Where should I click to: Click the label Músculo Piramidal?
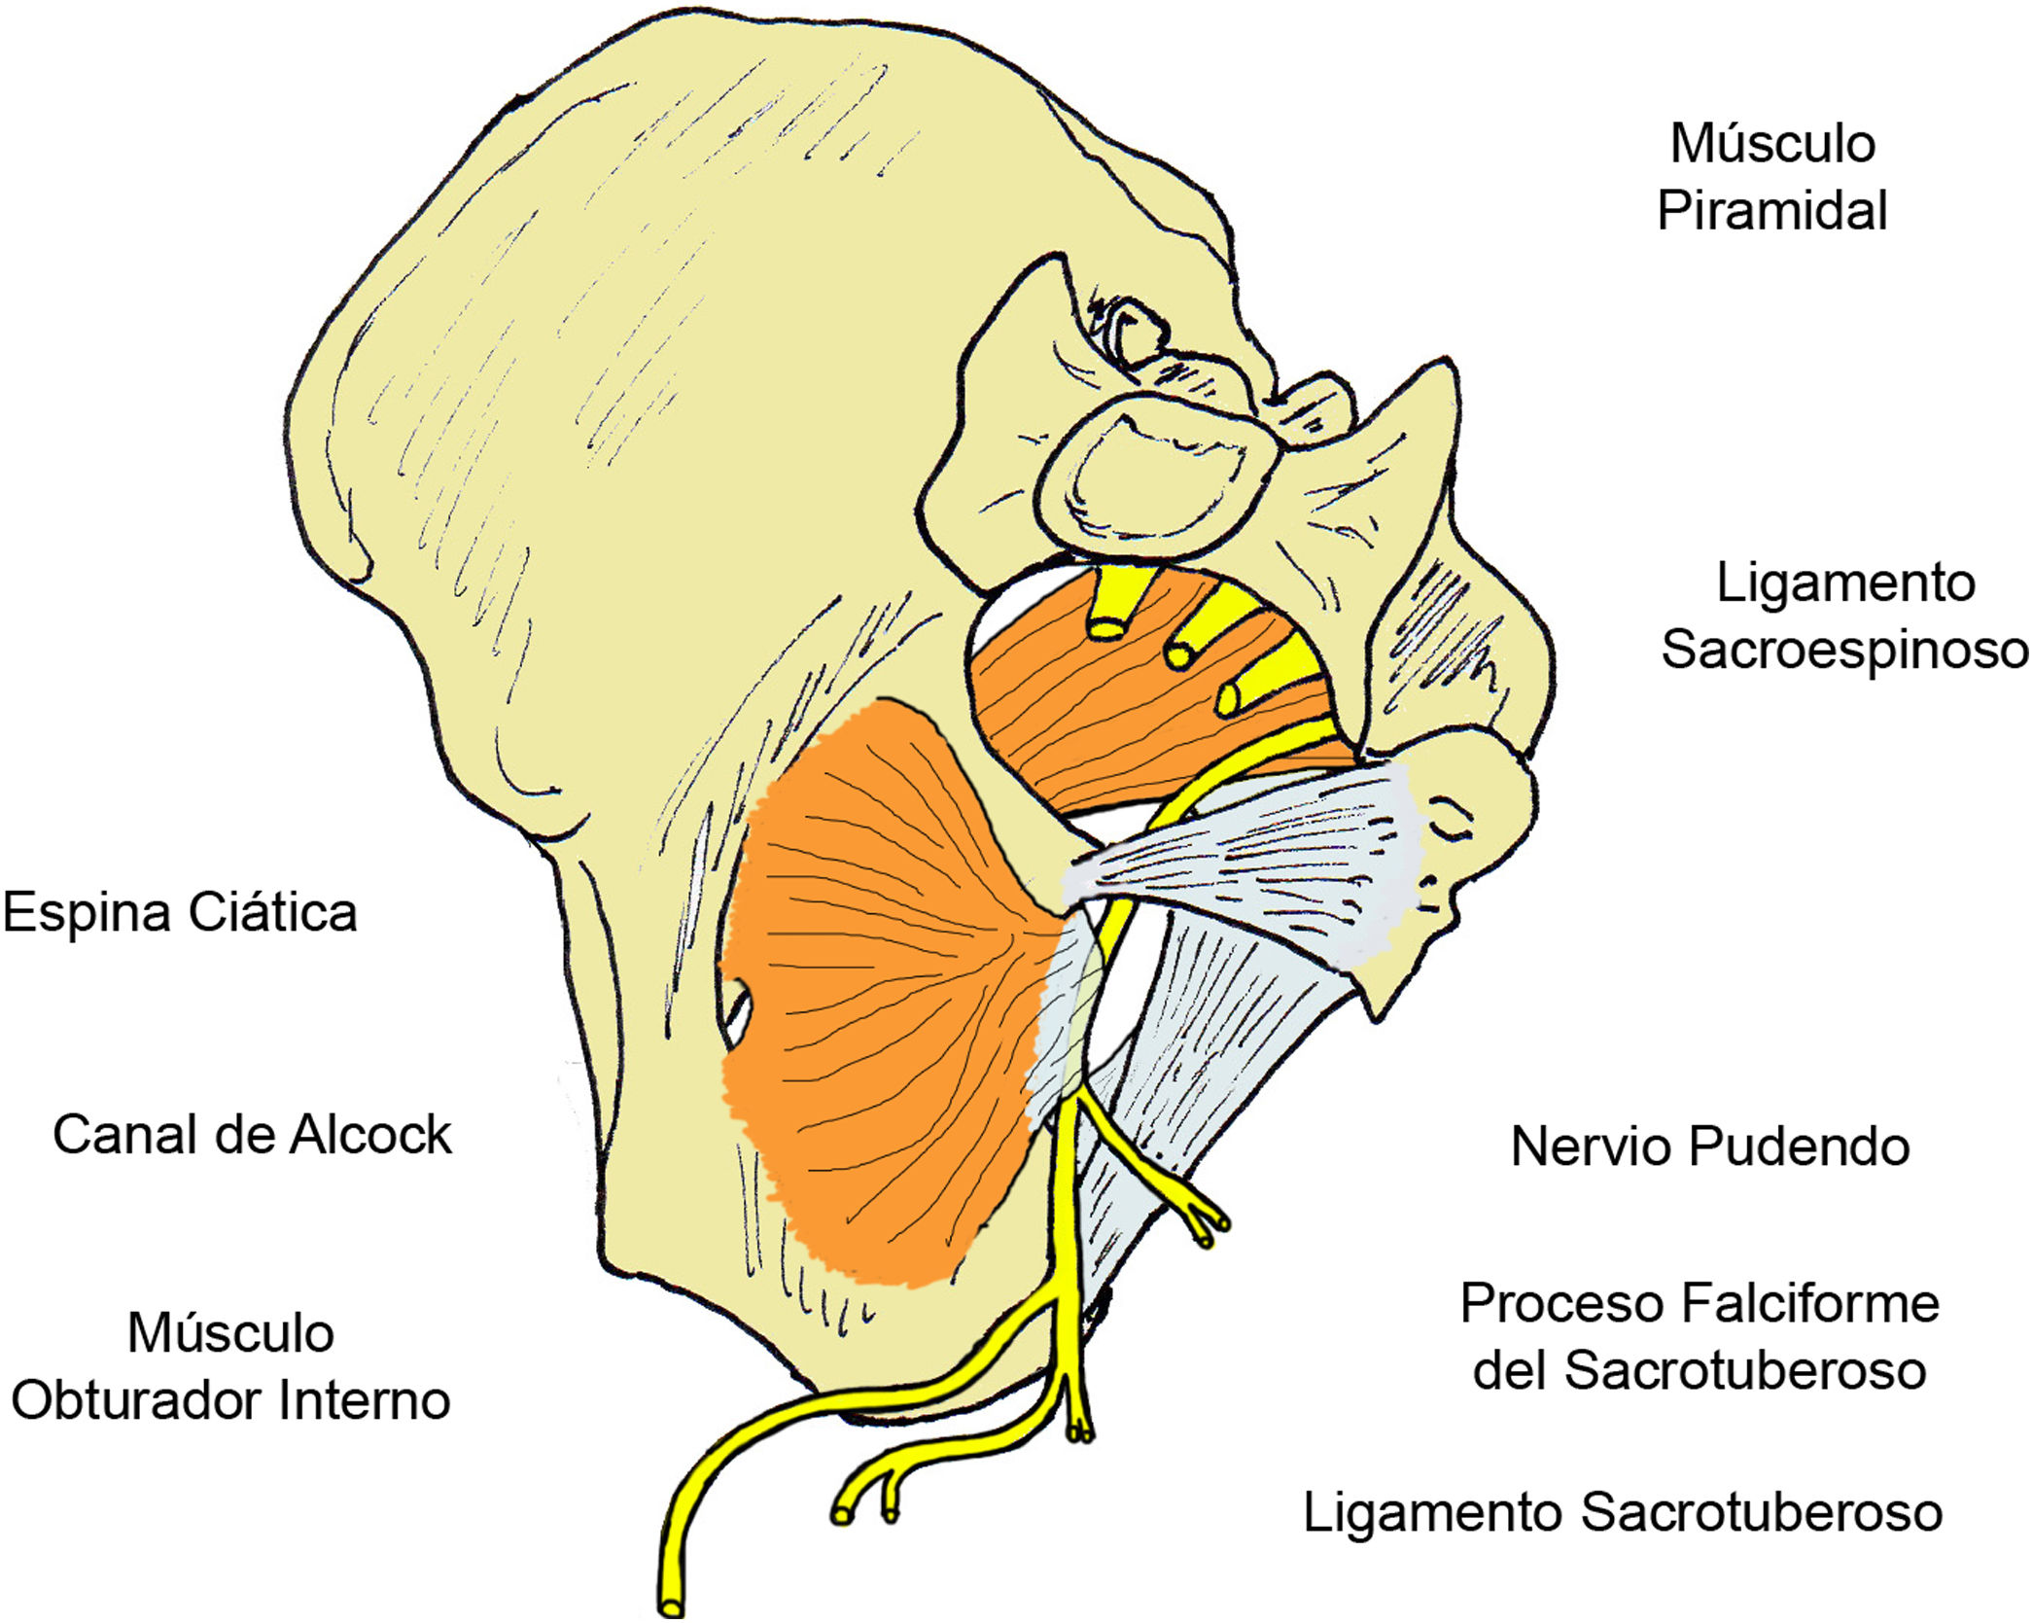click(1771, 177)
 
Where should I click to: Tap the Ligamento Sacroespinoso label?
click(1844, 617)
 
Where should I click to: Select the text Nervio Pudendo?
click(1709, 1147)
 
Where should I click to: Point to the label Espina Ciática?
click(180, 913)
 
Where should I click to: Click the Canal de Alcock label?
click(252, 1135)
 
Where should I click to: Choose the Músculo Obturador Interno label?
click(230, 1367)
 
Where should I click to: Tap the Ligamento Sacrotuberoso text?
click(1622, 1513)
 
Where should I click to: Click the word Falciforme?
click(1809, 1304)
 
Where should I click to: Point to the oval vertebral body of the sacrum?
click(1152, 476)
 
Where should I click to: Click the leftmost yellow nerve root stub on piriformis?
click(1106, 627)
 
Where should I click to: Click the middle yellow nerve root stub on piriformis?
click(1178, 655)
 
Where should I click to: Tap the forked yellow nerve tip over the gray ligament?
click(1209, 1227)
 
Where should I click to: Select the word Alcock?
click(369, 1135)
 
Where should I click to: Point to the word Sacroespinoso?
click(1844, 651)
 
